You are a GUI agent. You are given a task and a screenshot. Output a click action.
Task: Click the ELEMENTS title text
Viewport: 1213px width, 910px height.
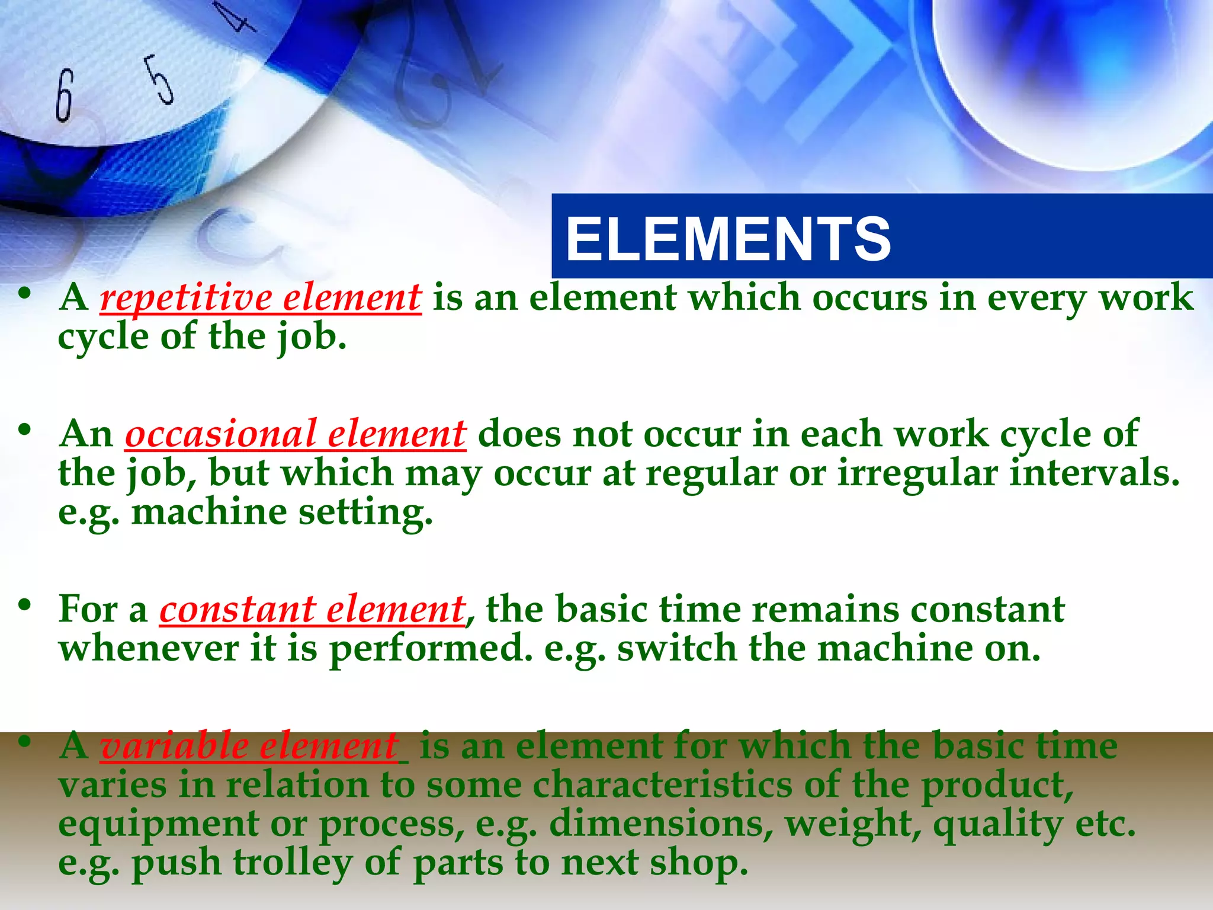728,239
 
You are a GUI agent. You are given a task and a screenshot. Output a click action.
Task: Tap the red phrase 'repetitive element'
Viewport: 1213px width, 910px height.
261,297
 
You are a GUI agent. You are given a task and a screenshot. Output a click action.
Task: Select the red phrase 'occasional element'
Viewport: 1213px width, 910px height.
296,434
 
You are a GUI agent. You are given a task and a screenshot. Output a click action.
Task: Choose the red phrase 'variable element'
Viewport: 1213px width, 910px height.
249,746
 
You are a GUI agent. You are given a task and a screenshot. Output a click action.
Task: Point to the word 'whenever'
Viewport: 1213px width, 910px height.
149,648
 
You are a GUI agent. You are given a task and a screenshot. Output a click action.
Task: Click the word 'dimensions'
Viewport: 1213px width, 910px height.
661,824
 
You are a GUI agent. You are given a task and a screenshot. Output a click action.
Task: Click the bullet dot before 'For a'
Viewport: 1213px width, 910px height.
24,605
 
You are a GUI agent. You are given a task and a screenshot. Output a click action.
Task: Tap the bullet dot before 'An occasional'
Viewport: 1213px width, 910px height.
24,430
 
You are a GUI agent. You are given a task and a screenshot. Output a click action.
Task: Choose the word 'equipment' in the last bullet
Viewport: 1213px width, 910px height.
159,825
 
